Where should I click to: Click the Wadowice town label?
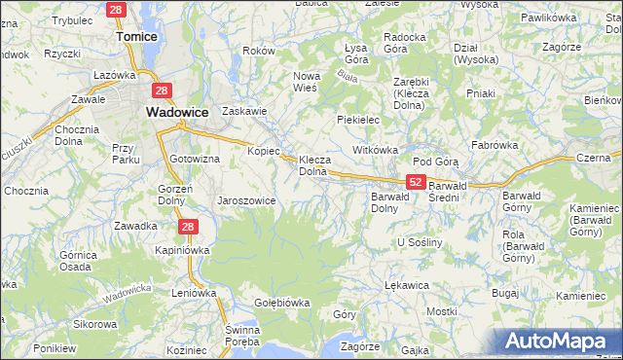click(x=177, y=112)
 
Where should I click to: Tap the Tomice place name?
click(x=137, y=36)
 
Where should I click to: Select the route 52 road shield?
click(x=416, y=182)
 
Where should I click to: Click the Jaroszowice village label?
click(x=246, y=200)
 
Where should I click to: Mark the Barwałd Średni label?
click(x=457, y=185)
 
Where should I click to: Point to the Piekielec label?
click(x=357, y=120)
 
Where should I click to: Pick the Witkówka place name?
click(x=376, y=151)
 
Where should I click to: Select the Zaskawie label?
click(x=244, y=111)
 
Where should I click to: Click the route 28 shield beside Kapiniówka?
click(x=189, y=227)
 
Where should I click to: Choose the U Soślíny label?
click(x=420, y=241)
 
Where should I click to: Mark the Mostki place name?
click(x=441, y=311)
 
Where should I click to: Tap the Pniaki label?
click(x=481, y=94)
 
